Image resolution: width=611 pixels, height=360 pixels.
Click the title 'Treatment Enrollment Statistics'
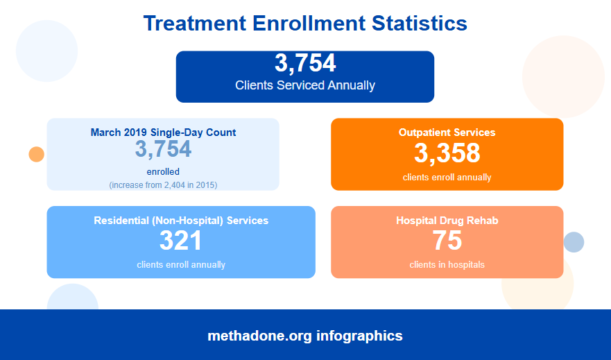[305, 23]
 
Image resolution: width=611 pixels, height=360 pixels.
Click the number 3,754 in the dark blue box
[305, 63]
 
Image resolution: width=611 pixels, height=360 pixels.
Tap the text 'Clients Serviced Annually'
[305, 85]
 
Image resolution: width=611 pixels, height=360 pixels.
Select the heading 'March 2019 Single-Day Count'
[163, 132]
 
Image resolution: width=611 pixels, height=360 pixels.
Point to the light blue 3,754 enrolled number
[163, 149]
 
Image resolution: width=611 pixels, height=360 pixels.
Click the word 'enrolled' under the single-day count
[163, 171]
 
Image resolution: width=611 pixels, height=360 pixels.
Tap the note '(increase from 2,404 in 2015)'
[163, 185]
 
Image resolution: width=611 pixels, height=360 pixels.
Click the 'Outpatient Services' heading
[447, 132]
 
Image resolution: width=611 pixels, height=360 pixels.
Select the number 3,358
[447, 153]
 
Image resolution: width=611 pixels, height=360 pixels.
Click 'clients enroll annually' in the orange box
[447, 177]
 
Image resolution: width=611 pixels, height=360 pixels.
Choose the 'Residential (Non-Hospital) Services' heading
[181, 221]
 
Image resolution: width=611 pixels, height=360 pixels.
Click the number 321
[181, 241]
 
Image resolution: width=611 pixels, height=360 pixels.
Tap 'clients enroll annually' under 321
[181, 264]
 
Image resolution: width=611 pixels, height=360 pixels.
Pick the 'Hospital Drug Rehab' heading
[447, 221]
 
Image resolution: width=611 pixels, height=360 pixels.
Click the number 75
[447, 241]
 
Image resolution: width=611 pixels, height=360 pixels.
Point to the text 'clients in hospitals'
[447, 264]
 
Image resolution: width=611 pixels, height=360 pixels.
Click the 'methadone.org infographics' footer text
[305, 336]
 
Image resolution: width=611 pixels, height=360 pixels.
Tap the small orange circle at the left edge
[36, 154]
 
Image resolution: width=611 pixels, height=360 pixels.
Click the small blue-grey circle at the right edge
[574, 242]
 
